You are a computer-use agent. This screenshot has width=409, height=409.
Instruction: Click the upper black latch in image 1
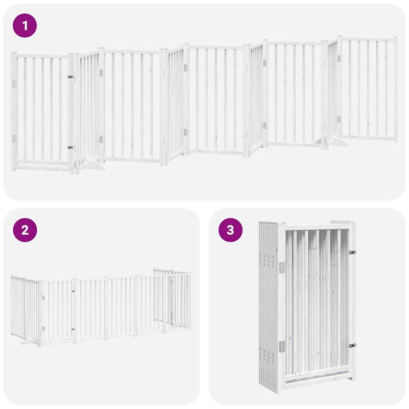tap(70, 77)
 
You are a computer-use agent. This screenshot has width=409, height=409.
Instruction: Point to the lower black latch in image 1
tap(70, 147)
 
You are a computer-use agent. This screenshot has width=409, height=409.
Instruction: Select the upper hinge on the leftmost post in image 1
tap(14, 82)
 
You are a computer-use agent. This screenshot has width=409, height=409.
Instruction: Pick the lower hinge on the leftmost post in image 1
tap(14, 138)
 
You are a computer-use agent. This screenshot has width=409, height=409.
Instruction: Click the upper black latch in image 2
tap(74, 292)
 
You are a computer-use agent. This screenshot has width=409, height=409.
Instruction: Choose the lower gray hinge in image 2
tap(43, 329)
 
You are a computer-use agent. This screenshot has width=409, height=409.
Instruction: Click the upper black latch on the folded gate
tap(352, 253)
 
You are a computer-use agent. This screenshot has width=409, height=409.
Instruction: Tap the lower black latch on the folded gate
tap(352, 346)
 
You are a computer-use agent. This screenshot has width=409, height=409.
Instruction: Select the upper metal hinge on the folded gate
tap(281, 267)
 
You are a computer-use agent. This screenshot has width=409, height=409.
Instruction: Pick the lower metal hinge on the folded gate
tap(281, 346)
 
